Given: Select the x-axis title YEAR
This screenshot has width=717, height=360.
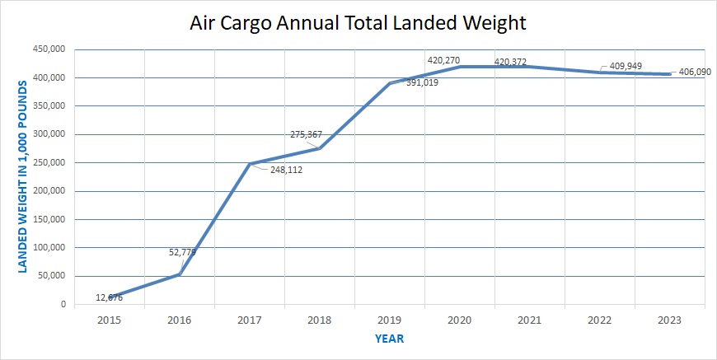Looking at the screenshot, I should (389, 339).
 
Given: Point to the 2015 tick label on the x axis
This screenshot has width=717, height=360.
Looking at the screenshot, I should (109, 319).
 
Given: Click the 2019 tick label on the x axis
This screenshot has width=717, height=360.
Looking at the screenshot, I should (389, 319).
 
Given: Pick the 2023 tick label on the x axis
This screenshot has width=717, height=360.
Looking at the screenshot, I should (669, 319).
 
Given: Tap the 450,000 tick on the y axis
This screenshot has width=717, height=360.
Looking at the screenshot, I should (49, 49).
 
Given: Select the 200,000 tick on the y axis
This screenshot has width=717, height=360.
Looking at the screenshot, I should (49, 191).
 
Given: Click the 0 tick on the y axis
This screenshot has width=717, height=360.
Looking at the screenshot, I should (63, 305).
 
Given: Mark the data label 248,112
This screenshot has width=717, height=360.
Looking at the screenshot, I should (287, 171).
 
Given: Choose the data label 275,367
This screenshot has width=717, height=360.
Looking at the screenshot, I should (307, 134).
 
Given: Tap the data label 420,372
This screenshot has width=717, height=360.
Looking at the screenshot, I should (510, 62).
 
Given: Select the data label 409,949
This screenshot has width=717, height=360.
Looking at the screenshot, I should (626, 66).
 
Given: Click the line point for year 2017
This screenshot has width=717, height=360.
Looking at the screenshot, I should (250, 164).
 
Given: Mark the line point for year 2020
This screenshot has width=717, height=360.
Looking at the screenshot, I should (460, 67).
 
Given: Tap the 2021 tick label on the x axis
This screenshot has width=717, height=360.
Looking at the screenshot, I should (529, 319).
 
